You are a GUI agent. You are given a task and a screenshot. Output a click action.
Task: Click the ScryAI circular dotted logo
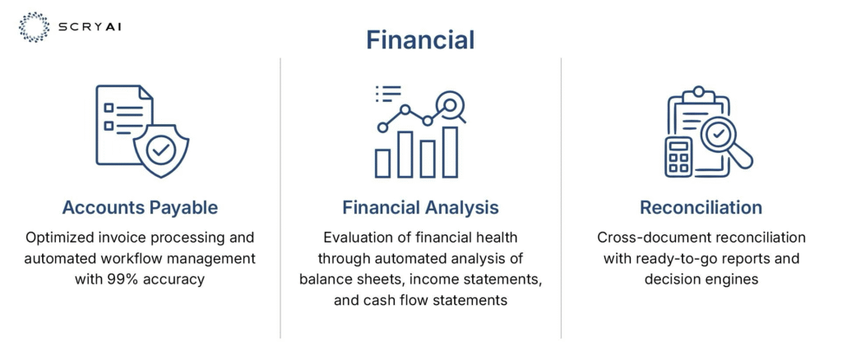click(34, 27)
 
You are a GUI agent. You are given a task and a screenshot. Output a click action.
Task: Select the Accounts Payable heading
click(140, 208)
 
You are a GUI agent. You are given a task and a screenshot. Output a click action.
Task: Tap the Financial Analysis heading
click(420, 208)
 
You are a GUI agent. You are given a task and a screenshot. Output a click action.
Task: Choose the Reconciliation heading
click(701, 208)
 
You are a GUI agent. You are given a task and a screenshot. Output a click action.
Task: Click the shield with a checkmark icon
click(160, 150)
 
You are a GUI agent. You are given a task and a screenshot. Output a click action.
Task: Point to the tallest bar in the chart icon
click(450, 152)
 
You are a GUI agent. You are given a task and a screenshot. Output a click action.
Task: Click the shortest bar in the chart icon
click(383, 163)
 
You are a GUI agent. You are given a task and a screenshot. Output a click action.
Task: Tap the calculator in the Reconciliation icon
click(678, 157)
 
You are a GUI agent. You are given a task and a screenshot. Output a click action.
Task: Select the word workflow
click(123, 259)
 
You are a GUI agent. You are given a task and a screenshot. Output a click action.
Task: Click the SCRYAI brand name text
click(89, 26)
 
